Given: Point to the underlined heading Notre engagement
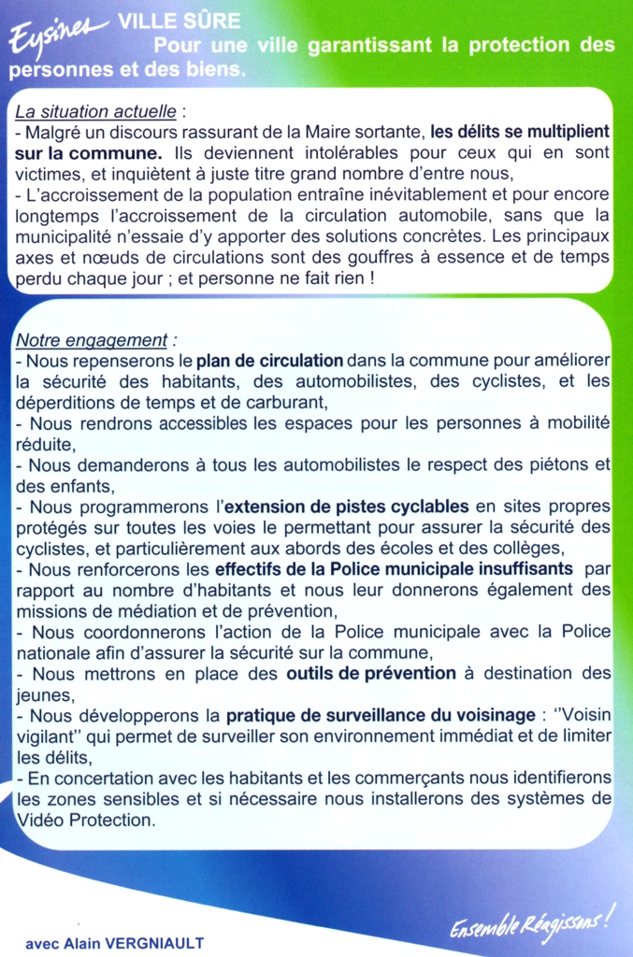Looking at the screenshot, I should tap(94, 340).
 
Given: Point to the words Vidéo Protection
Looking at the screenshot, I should tap(85, 820).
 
